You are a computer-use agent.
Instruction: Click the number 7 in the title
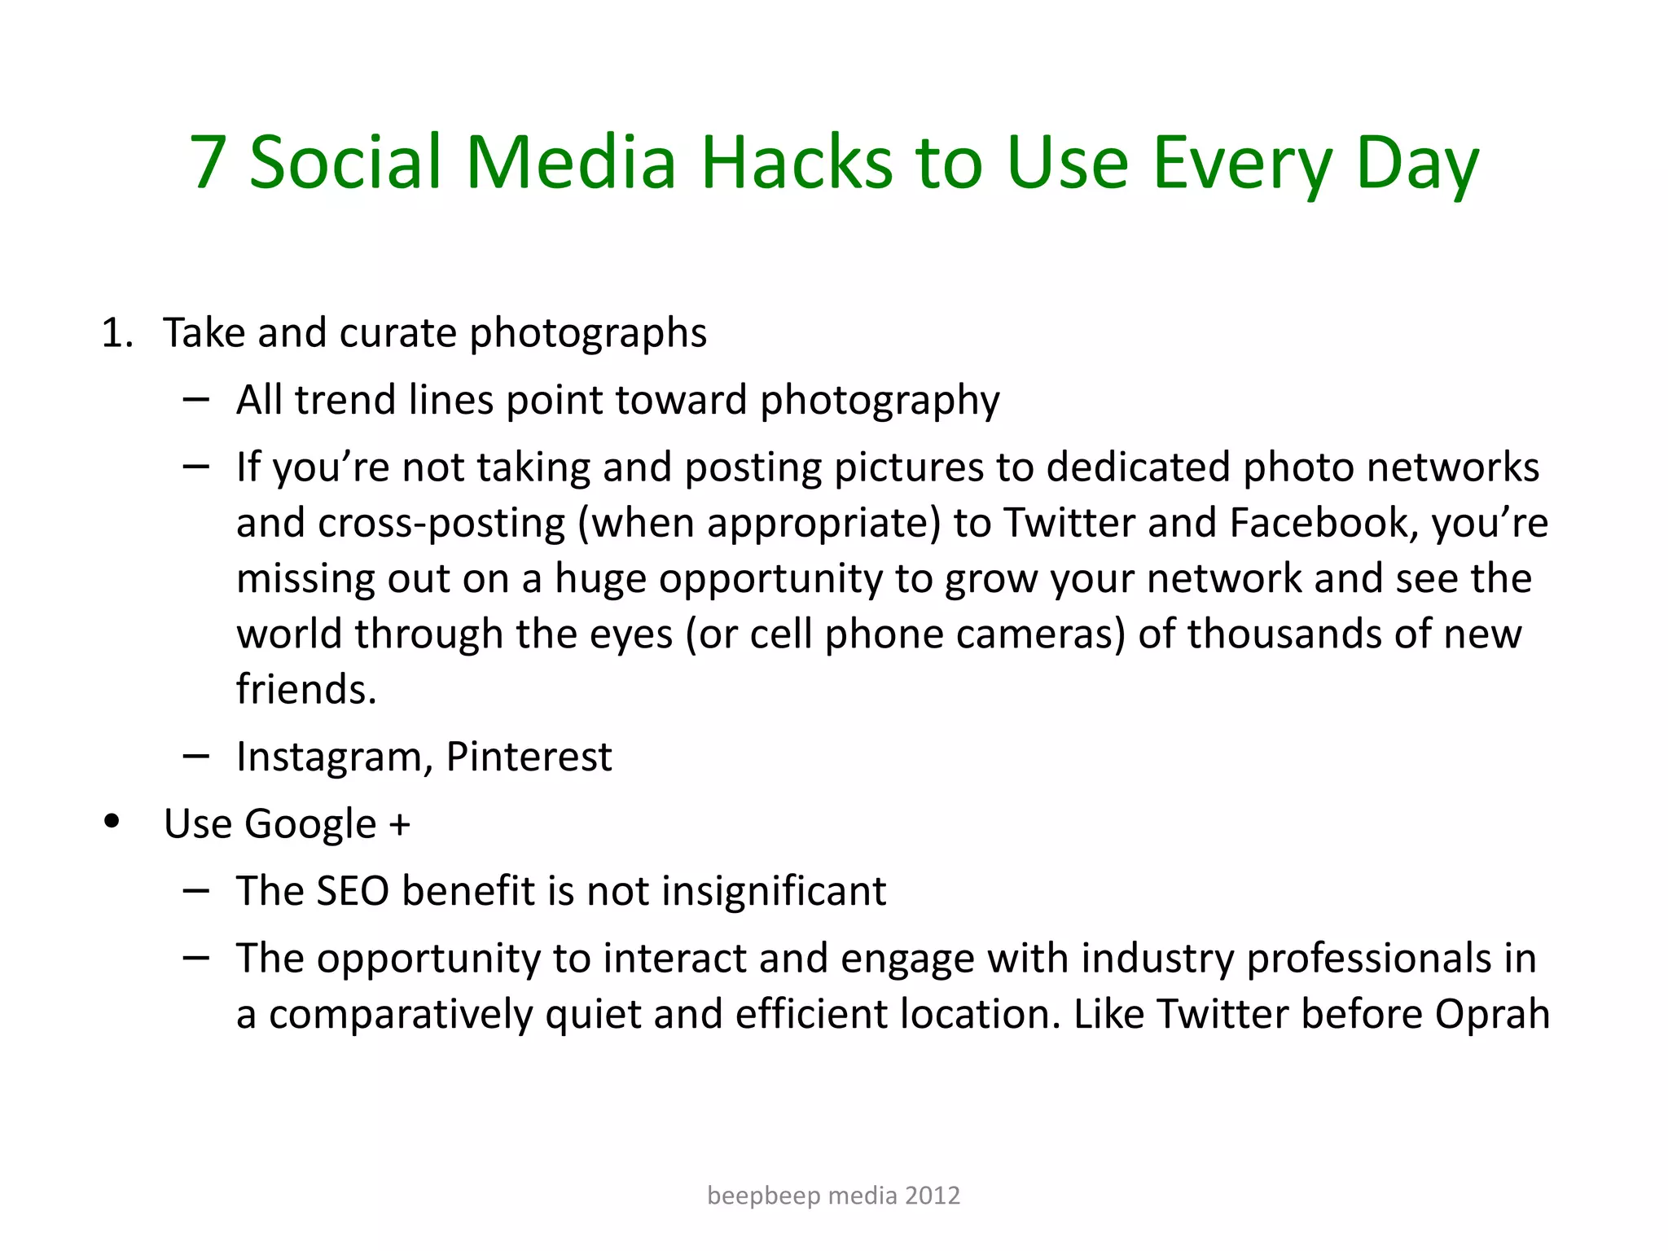(208, 163)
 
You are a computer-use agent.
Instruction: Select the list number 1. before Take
(117, 334)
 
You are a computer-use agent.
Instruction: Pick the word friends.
(305, 689)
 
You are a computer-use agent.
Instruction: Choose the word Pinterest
(529, 757)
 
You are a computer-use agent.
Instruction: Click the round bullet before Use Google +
(112, 821)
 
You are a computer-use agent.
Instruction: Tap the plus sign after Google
(399, 824)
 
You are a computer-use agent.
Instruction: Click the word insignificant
(773, 891)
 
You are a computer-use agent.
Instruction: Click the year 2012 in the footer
(933, 1196)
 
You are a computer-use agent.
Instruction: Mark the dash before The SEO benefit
(195, 891)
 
